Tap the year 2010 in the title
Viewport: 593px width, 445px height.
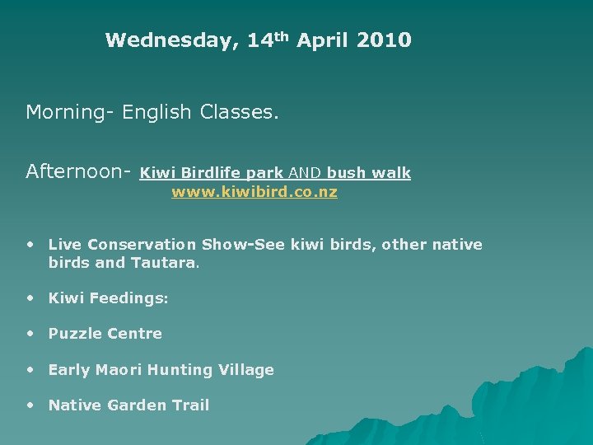384,40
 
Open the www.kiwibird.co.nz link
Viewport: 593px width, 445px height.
254,192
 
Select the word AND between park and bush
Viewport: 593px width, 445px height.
305,173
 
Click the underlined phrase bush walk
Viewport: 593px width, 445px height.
368,173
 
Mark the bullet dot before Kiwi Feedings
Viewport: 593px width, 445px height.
30,297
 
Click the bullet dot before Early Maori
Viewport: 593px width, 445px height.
30,369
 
